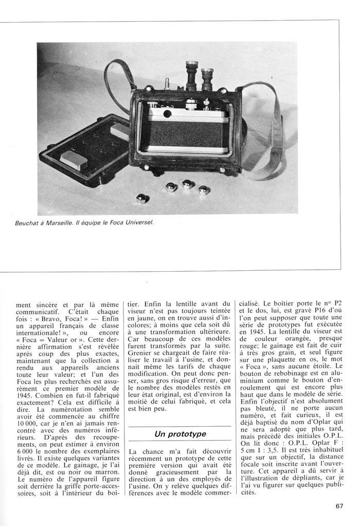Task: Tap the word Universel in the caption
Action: pyautogui.click(x=139, y=223)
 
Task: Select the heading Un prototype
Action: pyautogui.click(x=180, y=434)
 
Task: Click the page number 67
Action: pyautogui.click(x=339, y=506)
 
